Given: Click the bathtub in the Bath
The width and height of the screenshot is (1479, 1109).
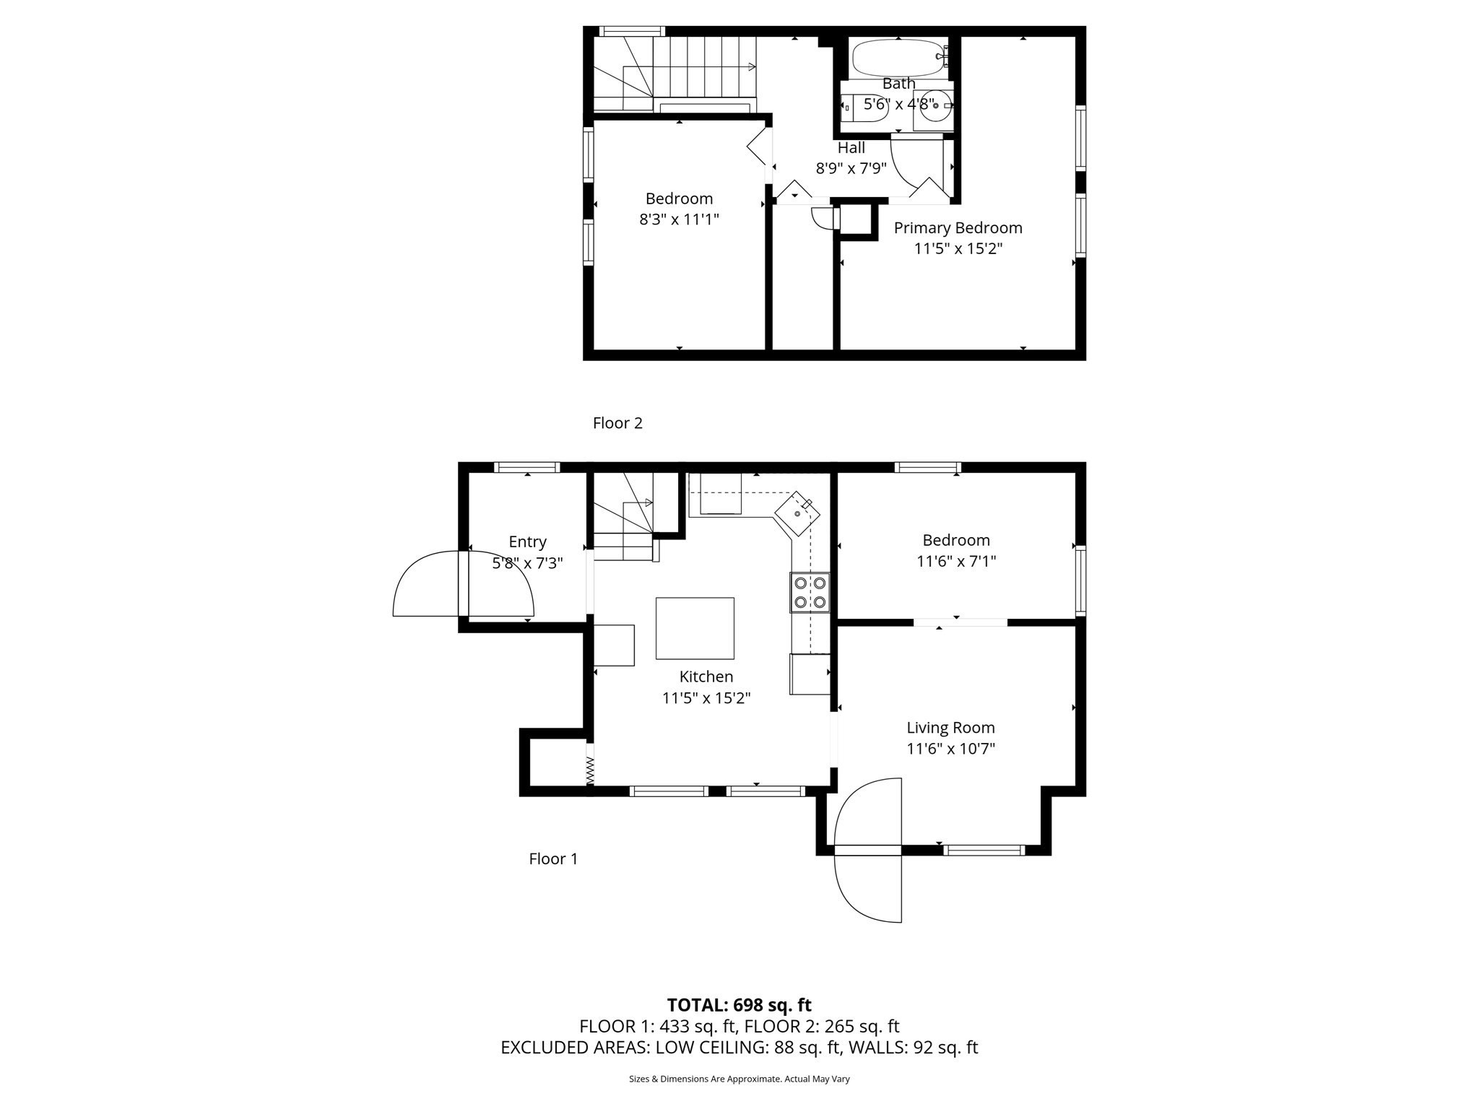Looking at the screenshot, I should (898, 58).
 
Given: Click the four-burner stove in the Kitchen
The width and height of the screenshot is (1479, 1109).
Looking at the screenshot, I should (810, 592).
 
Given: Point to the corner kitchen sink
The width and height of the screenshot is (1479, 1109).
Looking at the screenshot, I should (797, 513).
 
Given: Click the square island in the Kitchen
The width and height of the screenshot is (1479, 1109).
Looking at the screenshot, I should (695, 628).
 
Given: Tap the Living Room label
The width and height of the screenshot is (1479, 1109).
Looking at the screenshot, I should (950, 728).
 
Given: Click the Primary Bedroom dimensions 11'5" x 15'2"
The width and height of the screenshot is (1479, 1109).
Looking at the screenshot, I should (958, 249).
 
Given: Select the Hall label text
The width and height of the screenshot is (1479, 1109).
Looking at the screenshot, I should (851, 148).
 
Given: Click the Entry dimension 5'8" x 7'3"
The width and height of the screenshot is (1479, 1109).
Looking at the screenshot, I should (527, 563).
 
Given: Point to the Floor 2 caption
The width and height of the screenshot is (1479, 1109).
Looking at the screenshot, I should (617, 423).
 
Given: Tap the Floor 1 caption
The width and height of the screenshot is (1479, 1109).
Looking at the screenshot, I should (553, 858).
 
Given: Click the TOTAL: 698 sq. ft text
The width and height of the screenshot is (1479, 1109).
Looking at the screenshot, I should (739, 1005).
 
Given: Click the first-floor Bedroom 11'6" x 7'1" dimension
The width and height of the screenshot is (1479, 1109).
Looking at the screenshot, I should (956, 562).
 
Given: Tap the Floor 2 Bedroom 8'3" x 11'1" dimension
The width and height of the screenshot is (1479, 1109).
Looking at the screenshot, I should (679, 219).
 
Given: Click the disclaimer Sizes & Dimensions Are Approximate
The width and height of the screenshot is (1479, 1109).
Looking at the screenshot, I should (739, 1079).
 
